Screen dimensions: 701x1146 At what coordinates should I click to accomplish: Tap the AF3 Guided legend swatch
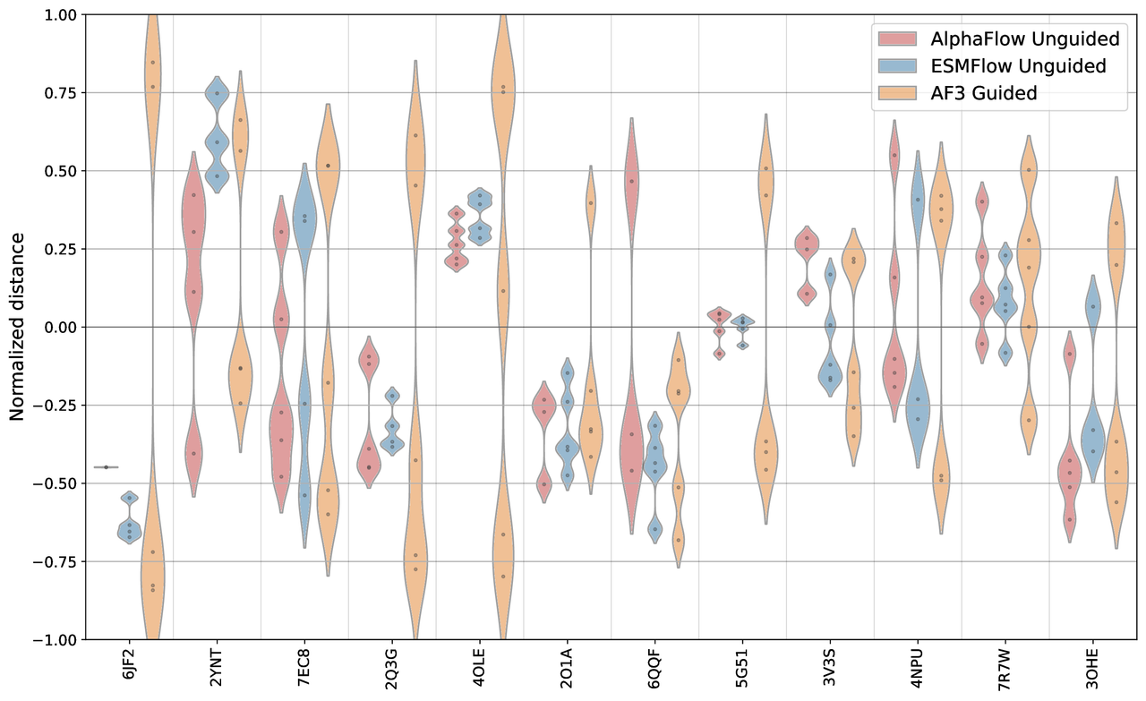click(899, 92)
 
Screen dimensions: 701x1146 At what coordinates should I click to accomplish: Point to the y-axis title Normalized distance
click(17, 327)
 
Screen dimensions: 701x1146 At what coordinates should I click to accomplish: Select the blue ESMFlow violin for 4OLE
click(481, 215)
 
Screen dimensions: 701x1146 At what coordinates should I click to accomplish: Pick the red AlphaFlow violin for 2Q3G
click(368, 412)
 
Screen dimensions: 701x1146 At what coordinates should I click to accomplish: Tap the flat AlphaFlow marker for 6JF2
click(106, 466)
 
